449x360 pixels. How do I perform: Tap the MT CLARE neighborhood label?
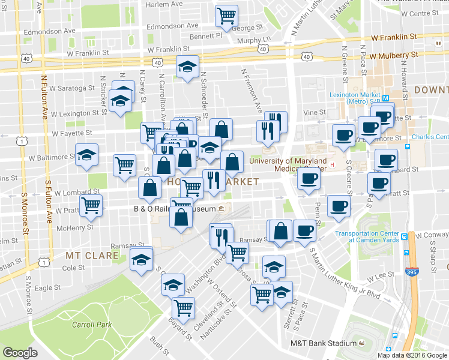coord(86,255)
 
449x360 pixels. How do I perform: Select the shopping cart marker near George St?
coord(227,16)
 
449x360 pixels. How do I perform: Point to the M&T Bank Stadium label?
coord(324,343)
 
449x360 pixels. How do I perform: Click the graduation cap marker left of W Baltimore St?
coord(87,155)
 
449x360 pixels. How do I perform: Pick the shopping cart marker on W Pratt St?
coord(91,205)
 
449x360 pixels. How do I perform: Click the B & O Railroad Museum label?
coord(174,209)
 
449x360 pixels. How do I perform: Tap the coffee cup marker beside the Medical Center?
coord(309,178)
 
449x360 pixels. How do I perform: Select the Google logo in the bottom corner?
coord(20,353)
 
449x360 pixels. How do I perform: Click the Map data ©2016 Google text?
coord(412,355)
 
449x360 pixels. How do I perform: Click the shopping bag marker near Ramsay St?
coord(280,230)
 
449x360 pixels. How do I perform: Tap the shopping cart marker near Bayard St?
coord(184,308)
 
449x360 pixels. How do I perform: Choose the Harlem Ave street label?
coord(164,4)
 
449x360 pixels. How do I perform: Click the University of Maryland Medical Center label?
coord(288,164)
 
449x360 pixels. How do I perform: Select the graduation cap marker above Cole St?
coord(142,259)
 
